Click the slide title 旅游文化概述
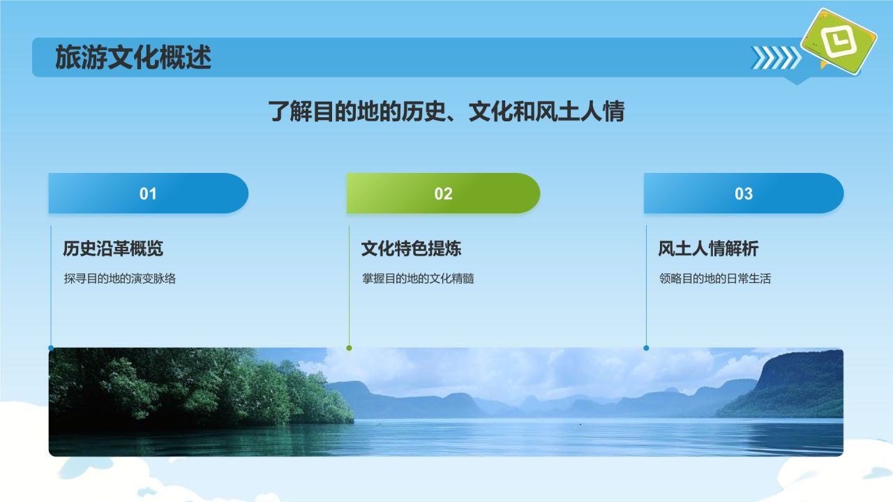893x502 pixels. click(x=133, y=57)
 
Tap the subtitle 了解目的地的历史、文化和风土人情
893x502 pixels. click(x=446, y=111)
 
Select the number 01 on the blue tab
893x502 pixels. click(x=148, y=194)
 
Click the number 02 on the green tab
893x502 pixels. click(x=443, y=194)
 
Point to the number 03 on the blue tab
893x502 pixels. click(x=744, y=194)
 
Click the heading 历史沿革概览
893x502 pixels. click(x=113, y=248)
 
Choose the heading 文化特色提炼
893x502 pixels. click(x=412, y=248)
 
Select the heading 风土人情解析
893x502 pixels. click(x=708, y=248)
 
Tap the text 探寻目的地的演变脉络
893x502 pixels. click(x=119, y=278)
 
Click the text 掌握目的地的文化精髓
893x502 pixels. click(x=418, y=278)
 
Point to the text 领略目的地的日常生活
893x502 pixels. click(x=715, y=278)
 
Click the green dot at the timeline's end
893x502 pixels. click(x=350, y=348)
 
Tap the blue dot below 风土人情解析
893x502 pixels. click(x=646, y=348)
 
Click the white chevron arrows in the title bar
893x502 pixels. click(x=776, y=58)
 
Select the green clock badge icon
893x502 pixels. click(x=839, y=41)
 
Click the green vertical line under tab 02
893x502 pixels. click(x=350, y=285)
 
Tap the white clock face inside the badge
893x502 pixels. click(x=839, y=40)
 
